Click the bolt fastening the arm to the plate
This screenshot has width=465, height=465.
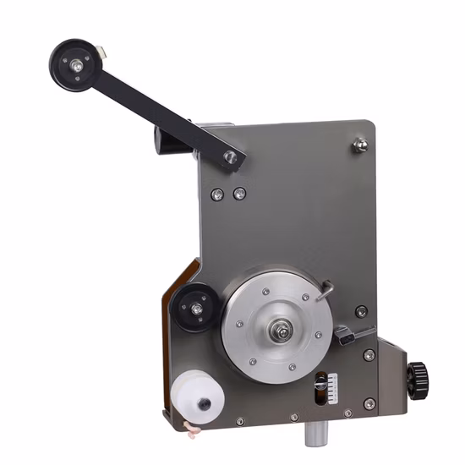point(230,156)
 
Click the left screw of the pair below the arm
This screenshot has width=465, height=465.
point(218,194)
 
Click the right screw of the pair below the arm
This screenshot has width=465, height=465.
point(239,194)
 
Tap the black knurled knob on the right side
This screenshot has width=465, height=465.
point(416,372)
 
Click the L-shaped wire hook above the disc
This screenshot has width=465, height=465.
point(324,292)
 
